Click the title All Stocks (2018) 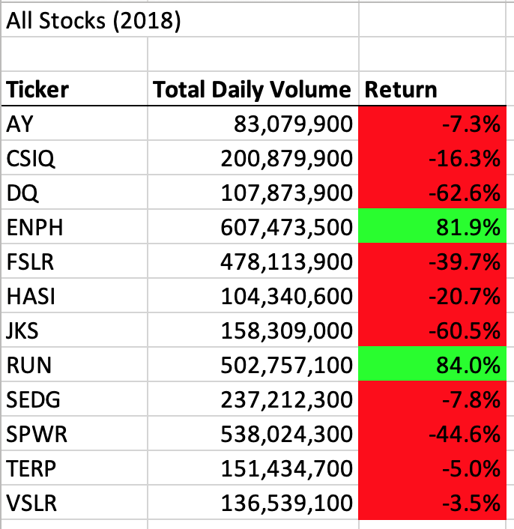(93, 20)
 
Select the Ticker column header (37, 90)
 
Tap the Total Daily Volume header (252, 90)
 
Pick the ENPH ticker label (34, 227)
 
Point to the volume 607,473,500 (286, 227)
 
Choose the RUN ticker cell (28, 365)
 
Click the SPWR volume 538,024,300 (286, 434)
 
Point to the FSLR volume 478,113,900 (286, 262)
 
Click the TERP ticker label (32, 468)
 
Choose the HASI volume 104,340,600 (286, 296)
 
